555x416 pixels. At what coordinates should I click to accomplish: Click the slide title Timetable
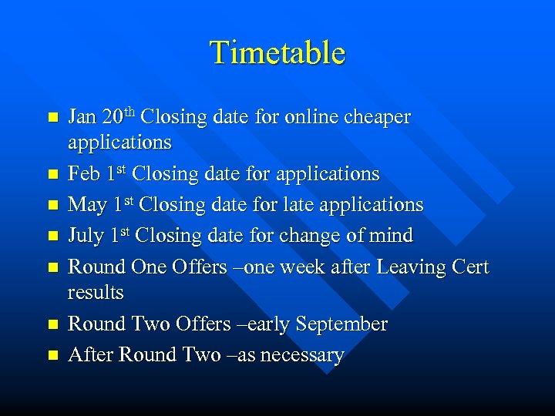277,52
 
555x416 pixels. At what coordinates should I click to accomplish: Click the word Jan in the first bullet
82,117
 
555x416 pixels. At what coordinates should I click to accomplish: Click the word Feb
83,174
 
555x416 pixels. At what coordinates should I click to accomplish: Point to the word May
86,205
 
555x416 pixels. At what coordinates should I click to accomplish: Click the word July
86,236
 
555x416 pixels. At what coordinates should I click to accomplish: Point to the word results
96,293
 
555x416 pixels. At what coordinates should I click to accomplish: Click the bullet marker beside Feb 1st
52,175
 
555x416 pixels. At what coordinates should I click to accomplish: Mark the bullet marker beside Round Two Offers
52,325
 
